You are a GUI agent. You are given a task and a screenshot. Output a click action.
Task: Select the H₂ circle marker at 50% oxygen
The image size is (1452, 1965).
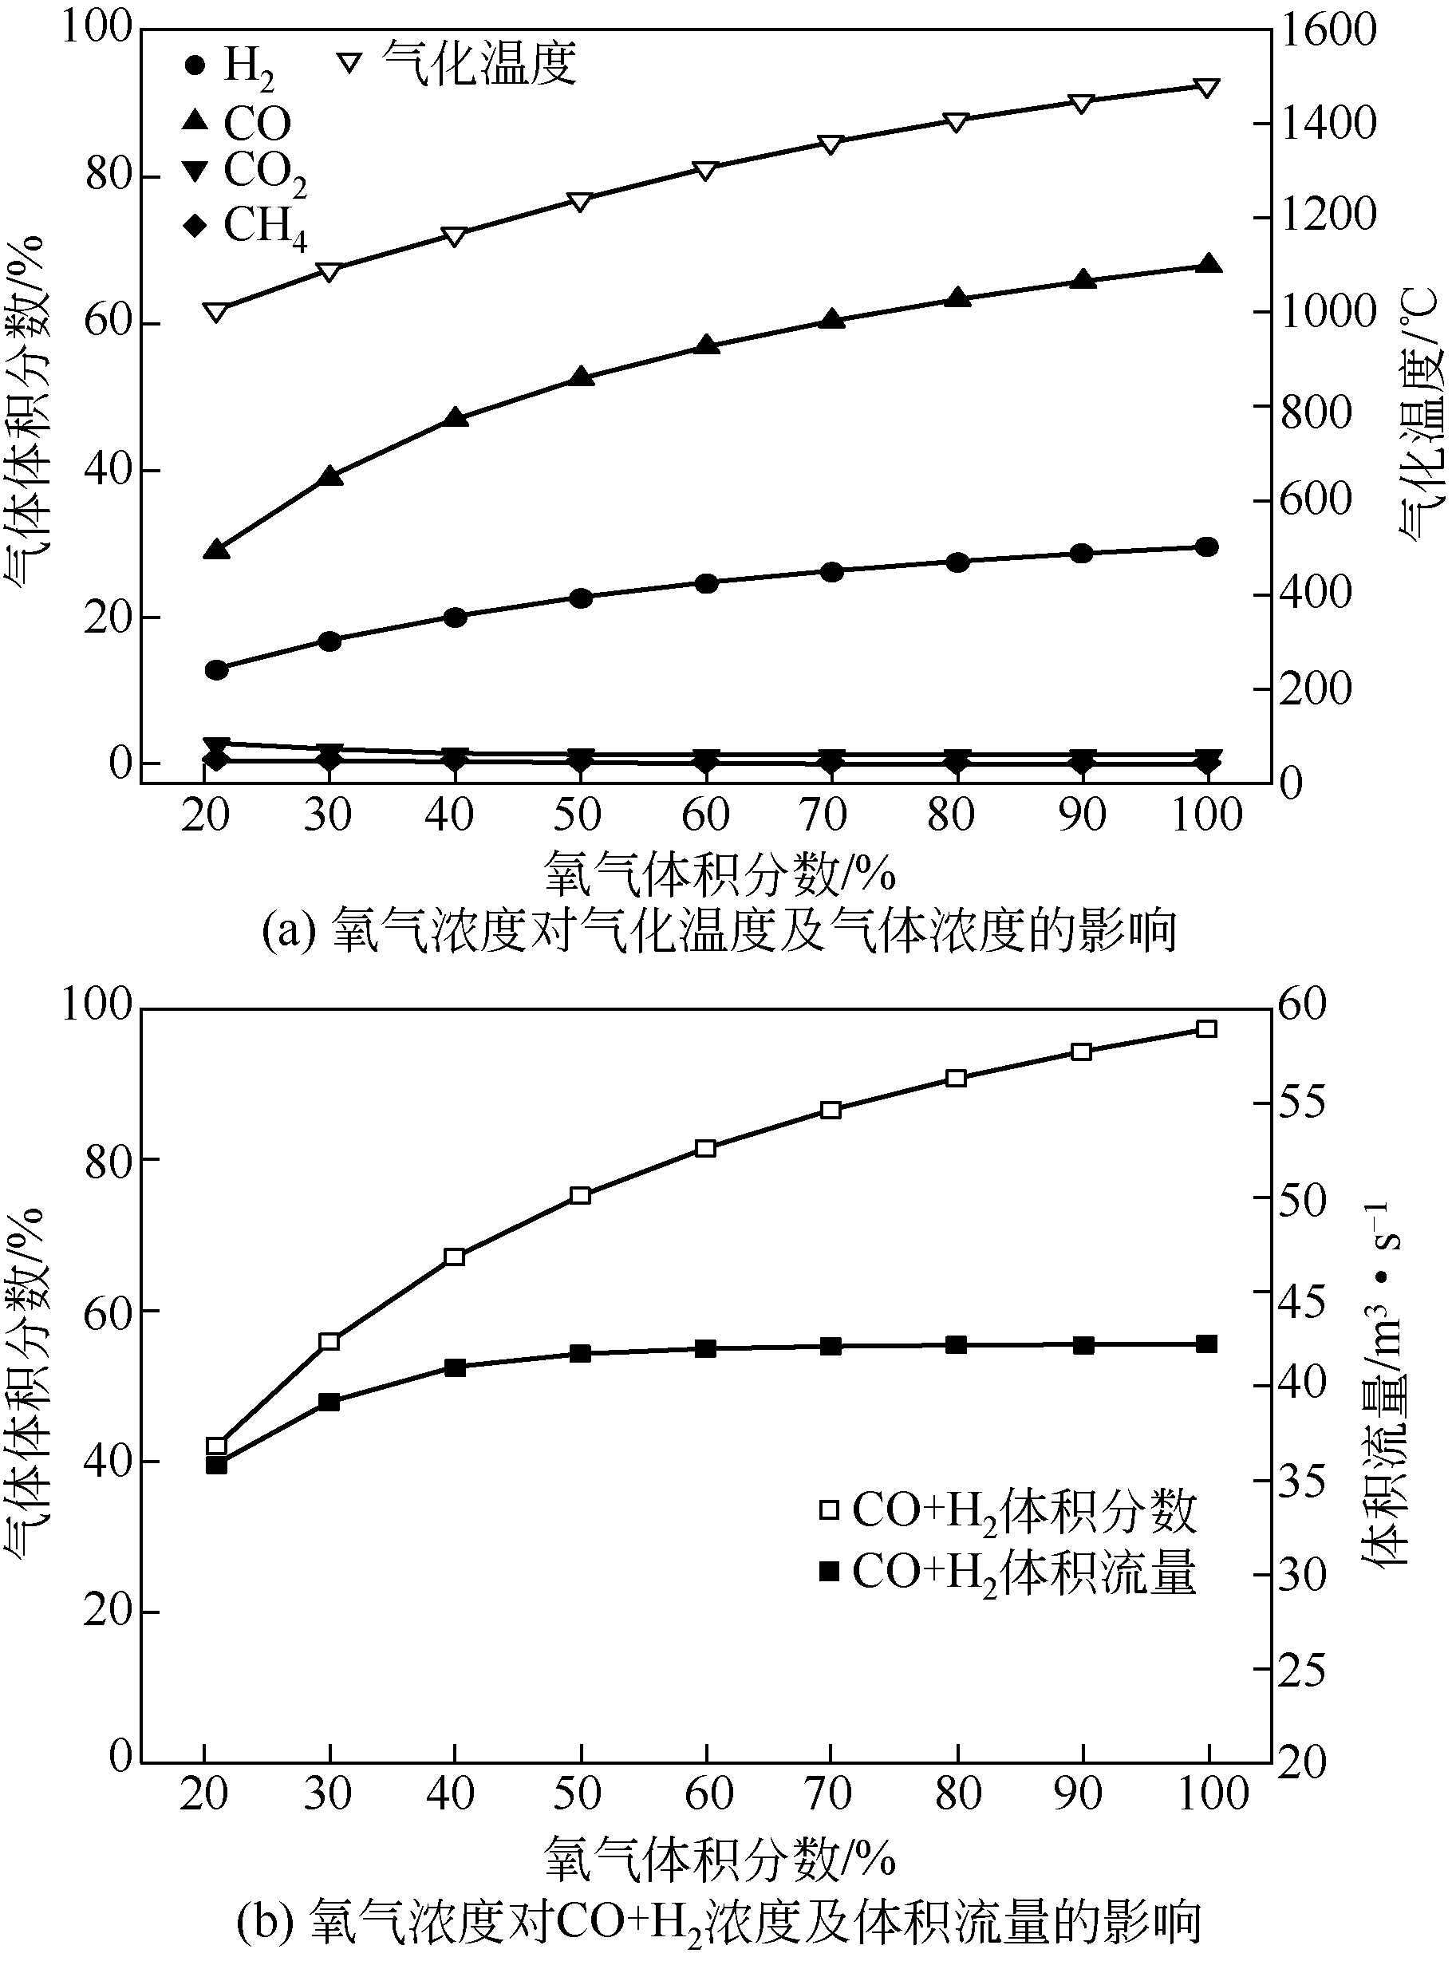point(580,598)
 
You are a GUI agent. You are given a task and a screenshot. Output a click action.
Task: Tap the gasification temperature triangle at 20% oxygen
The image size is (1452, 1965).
point(216,312)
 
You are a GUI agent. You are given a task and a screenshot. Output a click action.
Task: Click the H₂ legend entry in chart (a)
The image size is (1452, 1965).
point(231,66)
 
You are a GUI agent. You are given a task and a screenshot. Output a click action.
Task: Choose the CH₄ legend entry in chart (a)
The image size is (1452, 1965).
point(245,226)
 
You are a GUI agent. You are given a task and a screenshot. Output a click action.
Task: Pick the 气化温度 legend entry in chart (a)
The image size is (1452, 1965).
point(458,63)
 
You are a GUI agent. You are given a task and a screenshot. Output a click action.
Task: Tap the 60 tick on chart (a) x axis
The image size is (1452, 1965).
point(705,815)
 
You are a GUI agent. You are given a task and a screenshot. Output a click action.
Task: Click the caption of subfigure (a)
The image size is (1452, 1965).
point(719,932)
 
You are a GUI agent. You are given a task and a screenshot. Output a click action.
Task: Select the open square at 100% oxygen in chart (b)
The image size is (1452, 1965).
point(1207,1029)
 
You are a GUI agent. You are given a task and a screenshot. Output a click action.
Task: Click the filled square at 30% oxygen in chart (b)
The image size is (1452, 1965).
point(329,1402)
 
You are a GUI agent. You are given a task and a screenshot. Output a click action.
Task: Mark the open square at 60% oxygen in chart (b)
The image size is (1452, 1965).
point(705,1149)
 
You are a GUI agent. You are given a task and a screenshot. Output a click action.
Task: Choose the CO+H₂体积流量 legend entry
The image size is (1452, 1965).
point(1008,1572)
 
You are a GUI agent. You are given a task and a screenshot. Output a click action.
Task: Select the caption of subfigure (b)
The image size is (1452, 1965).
point(719,1921)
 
